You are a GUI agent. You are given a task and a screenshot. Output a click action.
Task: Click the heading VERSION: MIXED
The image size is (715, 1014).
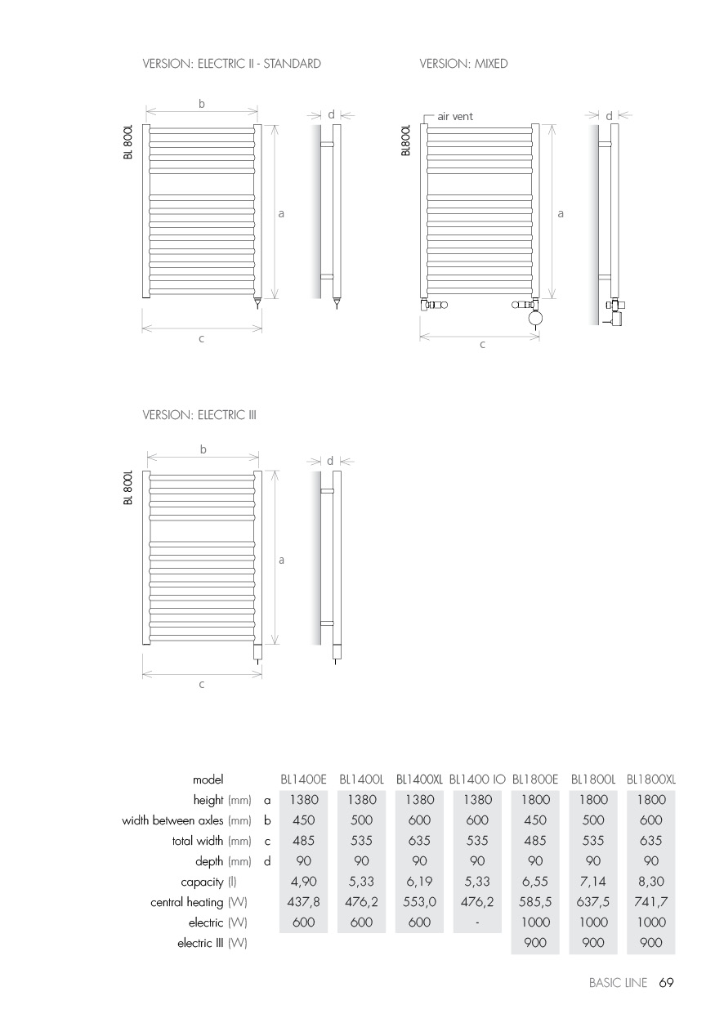point(463,64)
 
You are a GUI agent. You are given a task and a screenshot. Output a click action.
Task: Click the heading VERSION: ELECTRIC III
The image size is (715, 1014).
point(199,415)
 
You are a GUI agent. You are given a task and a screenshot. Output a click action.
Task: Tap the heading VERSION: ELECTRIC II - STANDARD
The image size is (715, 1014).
point(231,64)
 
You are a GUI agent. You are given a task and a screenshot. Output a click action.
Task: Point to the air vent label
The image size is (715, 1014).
point(455,117)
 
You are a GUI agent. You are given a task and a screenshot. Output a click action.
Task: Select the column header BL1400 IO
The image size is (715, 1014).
point(477,780)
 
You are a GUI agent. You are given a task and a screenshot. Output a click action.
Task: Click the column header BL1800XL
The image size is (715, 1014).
point(651,780)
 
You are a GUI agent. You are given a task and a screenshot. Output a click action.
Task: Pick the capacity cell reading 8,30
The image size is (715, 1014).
point(651,882)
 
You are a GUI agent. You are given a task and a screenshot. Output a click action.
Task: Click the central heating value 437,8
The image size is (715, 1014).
point(303,903)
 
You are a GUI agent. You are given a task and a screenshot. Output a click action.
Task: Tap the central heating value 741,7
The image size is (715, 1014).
point(651,903)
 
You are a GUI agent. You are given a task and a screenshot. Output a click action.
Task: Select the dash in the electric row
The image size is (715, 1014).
point(477,923)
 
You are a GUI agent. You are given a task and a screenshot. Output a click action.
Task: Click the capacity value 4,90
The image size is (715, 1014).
point(303,882)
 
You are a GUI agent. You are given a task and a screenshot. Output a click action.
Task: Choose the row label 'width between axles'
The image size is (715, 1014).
point(186,820)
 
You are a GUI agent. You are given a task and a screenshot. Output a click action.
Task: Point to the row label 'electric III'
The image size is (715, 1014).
point(212,944)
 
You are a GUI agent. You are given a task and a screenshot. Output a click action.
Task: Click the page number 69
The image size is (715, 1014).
point(666,984)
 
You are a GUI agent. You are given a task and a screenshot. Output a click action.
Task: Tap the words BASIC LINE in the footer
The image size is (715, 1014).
point(620,984)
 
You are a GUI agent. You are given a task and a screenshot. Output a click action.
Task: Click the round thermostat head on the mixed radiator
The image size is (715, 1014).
point(535,317)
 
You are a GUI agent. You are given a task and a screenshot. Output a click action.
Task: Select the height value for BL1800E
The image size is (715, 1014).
point(535,800)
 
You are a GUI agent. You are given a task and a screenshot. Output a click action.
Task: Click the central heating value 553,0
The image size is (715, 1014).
point(419,903)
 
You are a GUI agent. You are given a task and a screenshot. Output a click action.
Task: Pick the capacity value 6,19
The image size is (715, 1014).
point(419,882)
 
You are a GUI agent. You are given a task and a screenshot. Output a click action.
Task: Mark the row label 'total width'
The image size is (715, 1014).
point(211,841)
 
